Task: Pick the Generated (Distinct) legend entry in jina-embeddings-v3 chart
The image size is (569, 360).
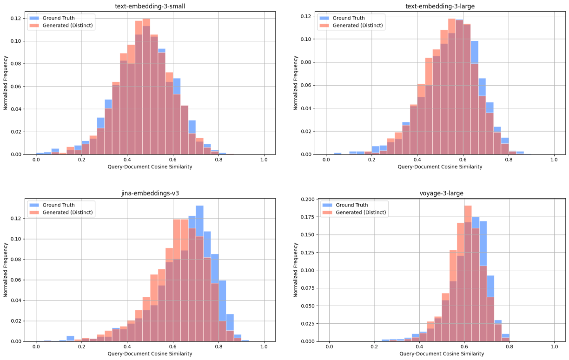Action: pos(68,213)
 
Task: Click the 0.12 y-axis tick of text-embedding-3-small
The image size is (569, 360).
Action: pos(17,18)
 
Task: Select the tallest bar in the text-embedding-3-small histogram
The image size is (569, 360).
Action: pos(146,87)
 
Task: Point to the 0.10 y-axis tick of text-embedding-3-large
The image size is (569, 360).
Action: pos(307,39)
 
